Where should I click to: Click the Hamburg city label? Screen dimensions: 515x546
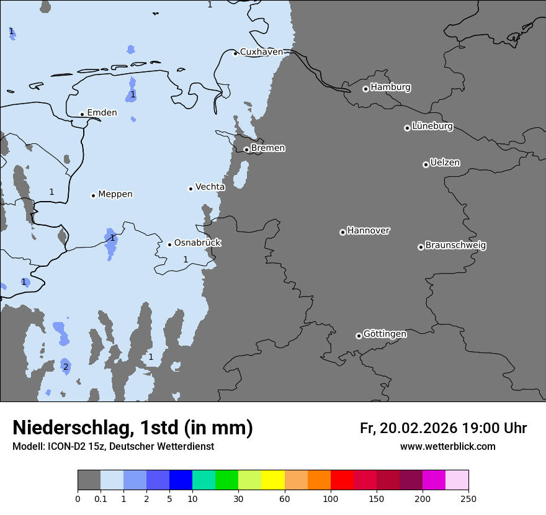point(390,87)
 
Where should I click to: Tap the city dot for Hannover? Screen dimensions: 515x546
point(342,232)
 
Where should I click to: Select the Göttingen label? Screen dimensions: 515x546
point(385,334)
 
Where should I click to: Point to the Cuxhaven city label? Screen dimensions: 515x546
point(261,52)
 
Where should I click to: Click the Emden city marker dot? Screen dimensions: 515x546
point(82,114)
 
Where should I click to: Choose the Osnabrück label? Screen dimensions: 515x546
point(197,243)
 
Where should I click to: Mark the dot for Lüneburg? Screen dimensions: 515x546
point(407,128)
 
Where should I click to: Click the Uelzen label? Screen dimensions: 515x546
point(445,163)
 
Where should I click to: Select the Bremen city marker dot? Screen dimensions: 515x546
point(246,150)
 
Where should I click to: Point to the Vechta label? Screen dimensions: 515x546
point(210,187)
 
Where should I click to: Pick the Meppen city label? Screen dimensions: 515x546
point(115,194)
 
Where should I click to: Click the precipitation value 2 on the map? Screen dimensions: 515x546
point(66,367)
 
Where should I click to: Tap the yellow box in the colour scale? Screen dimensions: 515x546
point(273,480)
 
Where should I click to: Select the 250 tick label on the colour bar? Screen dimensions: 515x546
point(468,499)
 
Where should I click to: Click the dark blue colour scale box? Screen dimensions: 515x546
point(181,480)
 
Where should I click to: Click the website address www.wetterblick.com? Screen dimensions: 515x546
point(447,447)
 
